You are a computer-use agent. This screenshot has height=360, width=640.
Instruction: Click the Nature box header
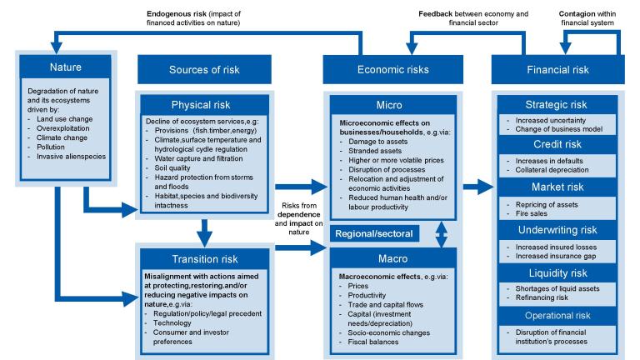65,67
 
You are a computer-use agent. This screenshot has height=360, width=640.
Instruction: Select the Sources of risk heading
204,69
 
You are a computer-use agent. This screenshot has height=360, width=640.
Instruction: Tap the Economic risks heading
393,69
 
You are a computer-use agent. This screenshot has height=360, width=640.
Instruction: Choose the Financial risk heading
557,69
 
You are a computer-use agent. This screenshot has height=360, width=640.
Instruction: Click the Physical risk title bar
204,105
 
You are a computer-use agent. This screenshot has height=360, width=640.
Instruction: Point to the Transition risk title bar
204,259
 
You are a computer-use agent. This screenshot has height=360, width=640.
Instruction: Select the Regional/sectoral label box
374,233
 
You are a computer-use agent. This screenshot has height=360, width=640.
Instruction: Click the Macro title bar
393,258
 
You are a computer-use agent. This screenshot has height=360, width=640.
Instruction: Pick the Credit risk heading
557,144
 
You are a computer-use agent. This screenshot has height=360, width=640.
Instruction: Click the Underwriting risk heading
557,230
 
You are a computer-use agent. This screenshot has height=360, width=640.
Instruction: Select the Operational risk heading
557,316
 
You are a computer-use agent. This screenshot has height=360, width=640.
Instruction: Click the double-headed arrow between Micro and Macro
441,234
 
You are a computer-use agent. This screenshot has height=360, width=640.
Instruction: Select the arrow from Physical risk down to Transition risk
204,232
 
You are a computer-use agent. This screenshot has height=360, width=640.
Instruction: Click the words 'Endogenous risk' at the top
177,13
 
